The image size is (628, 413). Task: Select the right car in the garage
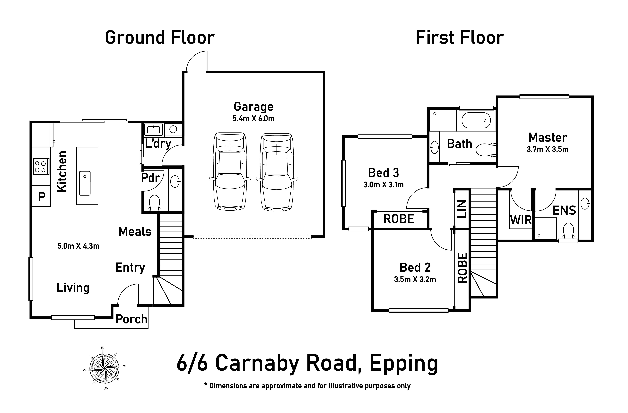coord(277,171)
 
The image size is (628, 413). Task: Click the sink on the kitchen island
coord(85,183)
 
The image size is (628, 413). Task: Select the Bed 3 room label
coord(383,173)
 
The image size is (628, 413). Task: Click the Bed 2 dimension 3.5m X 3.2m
coord(415,279)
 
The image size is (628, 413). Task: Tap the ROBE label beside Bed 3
coord(399,219)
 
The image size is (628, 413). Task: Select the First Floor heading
coord(460,38)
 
